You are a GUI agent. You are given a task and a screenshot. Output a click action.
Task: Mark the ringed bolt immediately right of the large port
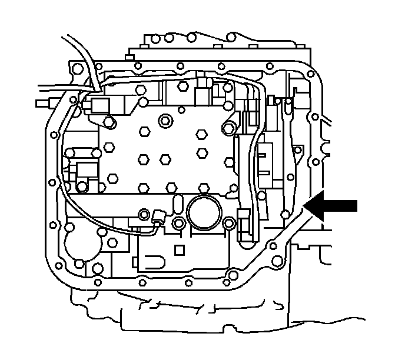click(x=230, y=223)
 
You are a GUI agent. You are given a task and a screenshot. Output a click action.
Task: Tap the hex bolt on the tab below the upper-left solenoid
click(x=109, y=122)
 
